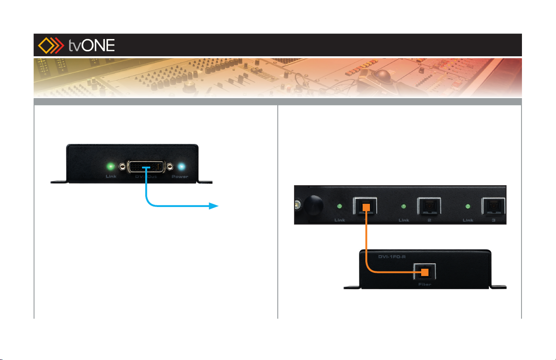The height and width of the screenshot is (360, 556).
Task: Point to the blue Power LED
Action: point(181,167)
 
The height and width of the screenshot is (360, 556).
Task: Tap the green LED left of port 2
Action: point(403,207)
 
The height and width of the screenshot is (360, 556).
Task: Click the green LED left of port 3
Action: point(468,207)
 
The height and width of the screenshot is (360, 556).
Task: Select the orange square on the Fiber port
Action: point(424,272)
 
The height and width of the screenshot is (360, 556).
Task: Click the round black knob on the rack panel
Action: point(313,206)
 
